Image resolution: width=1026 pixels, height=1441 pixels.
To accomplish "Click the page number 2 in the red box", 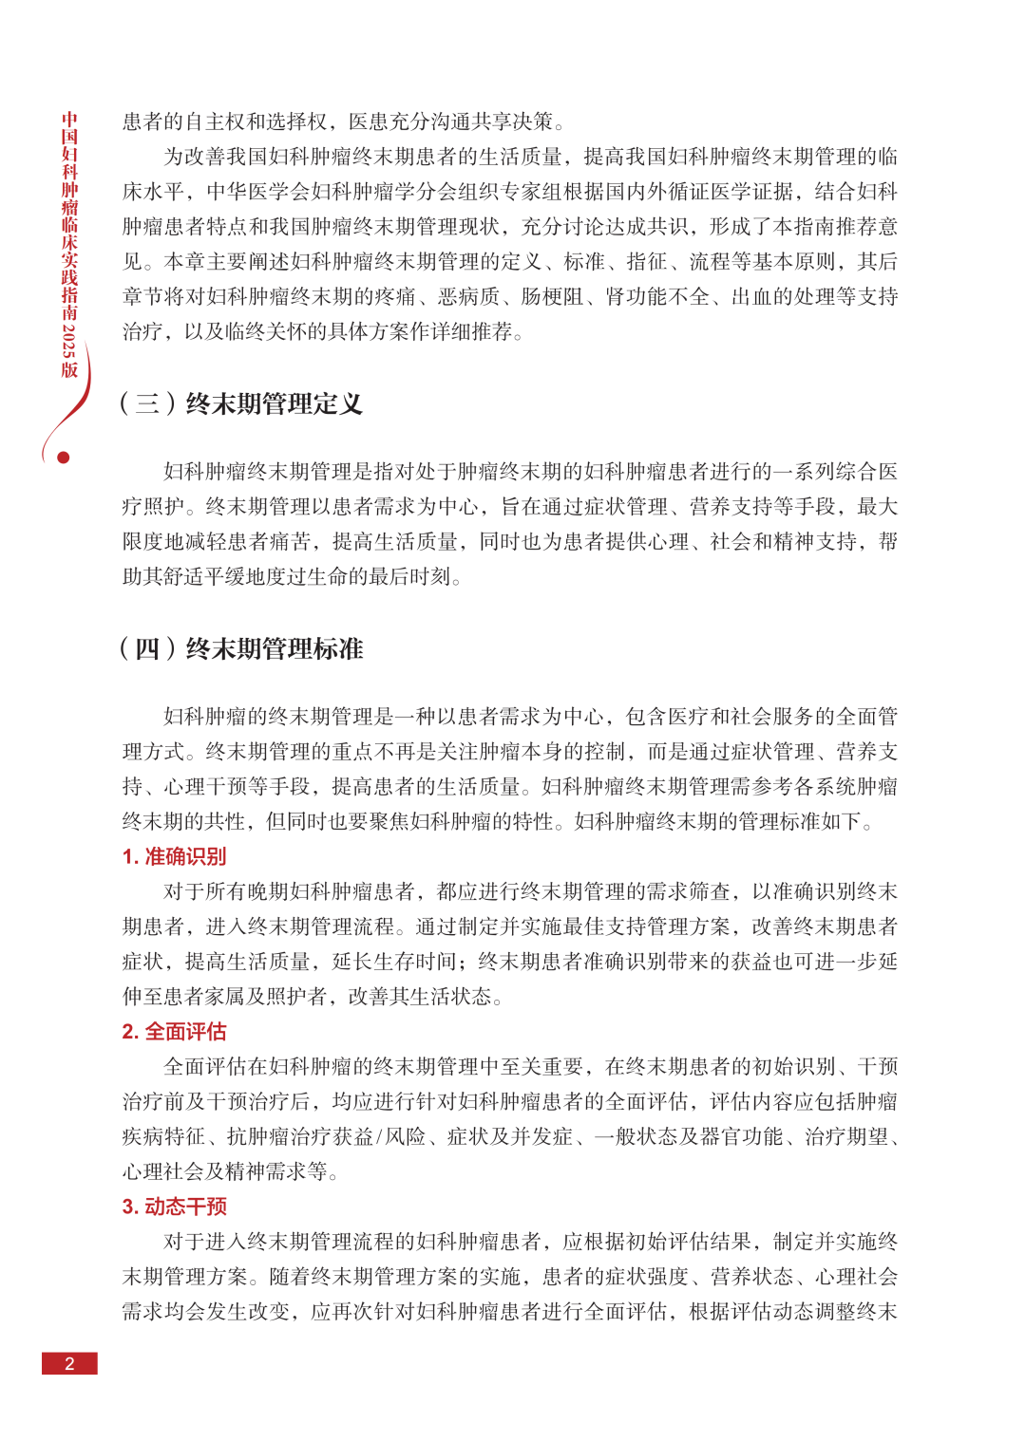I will point(69,1363).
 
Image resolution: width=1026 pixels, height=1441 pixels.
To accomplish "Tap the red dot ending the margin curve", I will point(64,458).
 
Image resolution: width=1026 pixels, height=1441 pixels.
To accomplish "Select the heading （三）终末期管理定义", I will point(241,404).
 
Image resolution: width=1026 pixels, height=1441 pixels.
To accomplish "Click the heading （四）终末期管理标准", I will point(241,649).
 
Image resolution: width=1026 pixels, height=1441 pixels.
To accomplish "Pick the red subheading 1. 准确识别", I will point(174,856).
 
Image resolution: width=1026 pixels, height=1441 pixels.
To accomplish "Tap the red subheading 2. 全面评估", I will point(174,1032).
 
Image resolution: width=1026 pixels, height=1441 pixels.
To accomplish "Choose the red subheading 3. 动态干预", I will point(174,1207).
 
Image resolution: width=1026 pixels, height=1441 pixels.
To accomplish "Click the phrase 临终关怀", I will point(267,332).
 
